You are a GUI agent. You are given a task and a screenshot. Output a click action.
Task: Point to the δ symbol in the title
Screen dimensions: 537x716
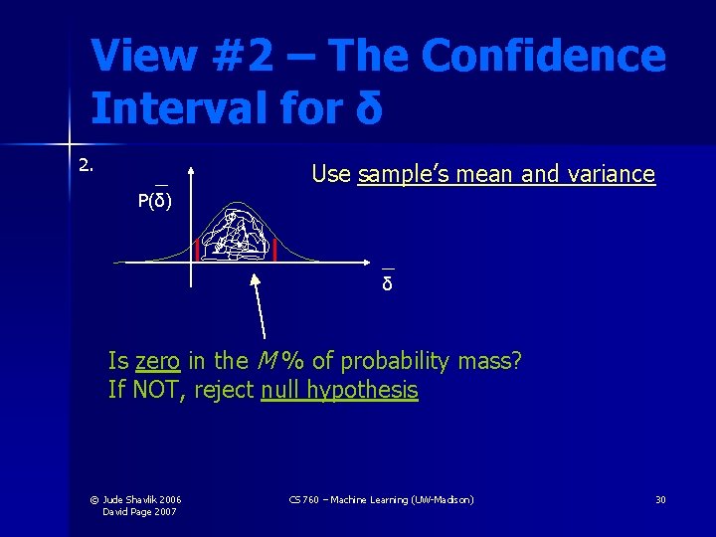368,107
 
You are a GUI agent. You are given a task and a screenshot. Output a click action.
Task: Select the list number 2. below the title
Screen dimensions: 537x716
88,165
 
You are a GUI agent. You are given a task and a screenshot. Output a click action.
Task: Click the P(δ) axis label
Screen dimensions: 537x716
155,202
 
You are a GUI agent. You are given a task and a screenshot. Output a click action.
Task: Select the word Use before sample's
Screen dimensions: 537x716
331,175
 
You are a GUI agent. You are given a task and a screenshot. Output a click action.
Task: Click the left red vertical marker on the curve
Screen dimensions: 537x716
197,250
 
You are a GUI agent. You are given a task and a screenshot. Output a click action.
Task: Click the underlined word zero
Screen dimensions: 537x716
157,360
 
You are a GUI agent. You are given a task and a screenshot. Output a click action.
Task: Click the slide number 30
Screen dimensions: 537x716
660,499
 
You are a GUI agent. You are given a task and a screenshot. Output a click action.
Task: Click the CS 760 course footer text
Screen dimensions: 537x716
381,499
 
